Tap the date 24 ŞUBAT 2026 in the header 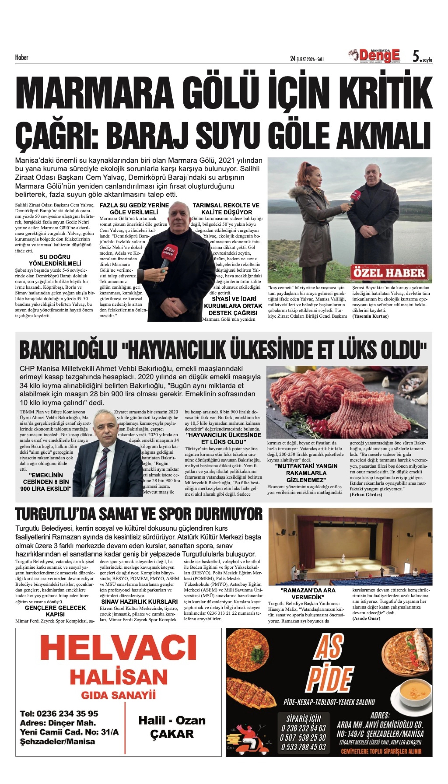click(x=307, y=59)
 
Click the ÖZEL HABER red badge click(x=389, y=273)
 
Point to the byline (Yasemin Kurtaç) click(x=370, y=316)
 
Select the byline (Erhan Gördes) click(x=366, y=494)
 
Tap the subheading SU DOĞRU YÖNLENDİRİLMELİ click(x=55, y=260)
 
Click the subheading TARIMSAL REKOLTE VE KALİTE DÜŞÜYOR click(x=226, y=209)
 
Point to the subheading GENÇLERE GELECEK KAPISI click(x=55, y=611)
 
